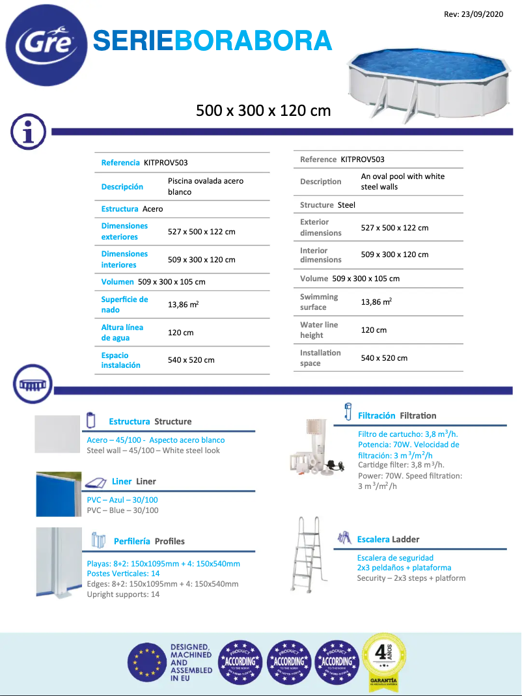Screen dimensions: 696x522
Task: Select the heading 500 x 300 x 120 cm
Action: coord(264,111)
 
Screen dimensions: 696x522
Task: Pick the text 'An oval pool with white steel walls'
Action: coord(403,181)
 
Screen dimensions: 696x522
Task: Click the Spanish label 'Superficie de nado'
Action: coord(124,304)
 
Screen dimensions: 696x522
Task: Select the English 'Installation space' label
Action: coord(320,357)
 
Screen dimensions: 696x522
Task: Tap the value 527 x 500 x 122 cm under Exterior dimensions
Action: coord(394,227)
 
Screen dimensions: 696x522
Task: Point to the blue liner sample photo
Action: coord(59,494)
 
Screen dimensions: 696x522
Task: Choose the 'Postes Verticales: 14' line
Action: coord(123,574)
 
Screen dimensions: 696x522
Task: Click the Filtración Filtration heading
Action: coord(397,415)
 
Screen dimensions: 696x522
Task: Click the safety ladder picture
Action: coord(308,553)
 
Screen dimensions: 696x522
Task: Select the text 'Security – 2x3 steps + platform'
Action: coord(411,578)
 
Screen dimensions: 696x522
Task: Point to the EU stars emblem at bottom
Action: coord(146,662)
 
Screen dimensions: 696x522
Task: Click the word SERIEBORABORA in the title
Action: coord(212,40)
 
